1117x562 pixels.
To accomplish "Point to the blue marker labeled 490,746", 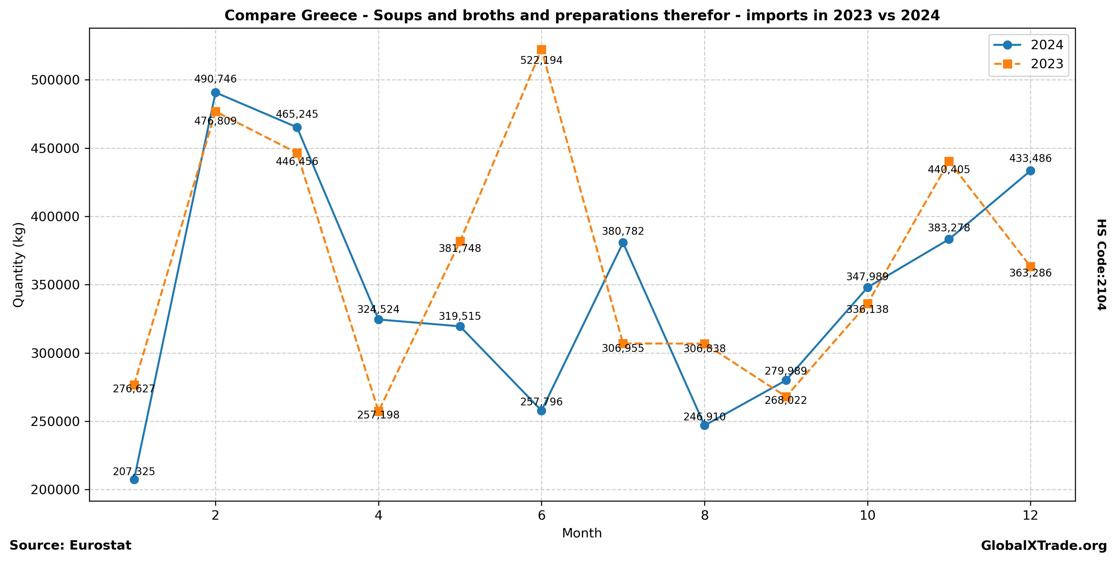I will pyautogui.click(x=216, y=93).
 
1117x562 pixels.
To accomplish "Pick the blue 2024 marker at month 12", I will pyautogui.click(x=1030, y=171).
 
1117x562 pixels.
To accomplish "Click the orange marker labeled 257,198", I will pyautogui.click(x=378, y=411).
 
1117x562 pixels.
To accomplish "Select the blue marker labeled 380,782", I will pyautogui.click(x=623, y=242).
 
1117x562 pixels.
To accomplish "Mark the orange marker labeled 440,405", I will pyautogui.click(x=949, y=162).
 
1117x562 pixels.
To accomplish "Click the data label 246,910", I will pyautogui.click(x=704, y=417).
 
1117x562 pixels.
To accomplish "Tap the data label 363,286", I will pyautogui.click(x=1030, y=273).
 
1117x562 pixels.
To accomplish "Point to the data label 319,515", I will pyautogui.click(x=460, y=316).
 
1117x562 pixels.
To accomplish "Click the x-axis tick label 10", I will pyautogui.click(x=867, y=515).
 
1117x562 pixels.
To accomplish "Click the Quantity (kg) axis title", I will pyautogui.click(x=18, y=264).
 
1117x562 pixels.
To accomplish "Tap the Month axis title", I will pyautogui.click(x=582, y=533).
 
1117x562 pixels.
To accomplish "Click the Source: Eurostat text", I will pyautogui.click(x=70, y=545).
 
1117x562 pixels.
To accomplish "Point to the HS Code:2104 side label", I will pyautogui.click(x=1101, y=264).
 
